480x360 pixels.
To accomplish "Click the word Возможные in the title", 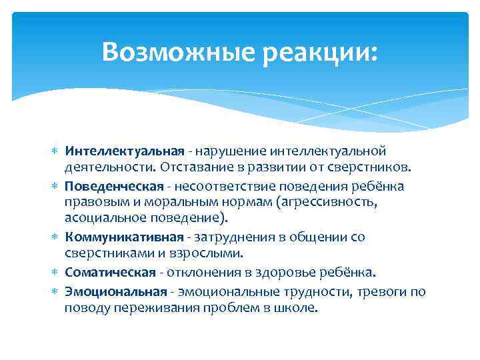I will pyautogui.click(x=179, y=51).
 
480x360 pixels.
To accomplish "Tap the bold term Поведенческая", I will pyautogui.click(x=113, y=185).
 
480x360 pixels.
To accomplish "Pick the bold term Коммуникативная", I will pyautogui.click(x=124, y=237).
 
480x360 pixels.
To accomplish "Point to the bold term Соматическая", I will pyautogui.click(x=111, y=273).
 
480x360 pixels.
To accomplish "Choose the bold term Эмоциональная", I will pyautogui.click(x=115, y=291).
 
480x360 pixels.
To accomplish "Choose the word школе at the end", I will pyautogui.click(x=298, y=308).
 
